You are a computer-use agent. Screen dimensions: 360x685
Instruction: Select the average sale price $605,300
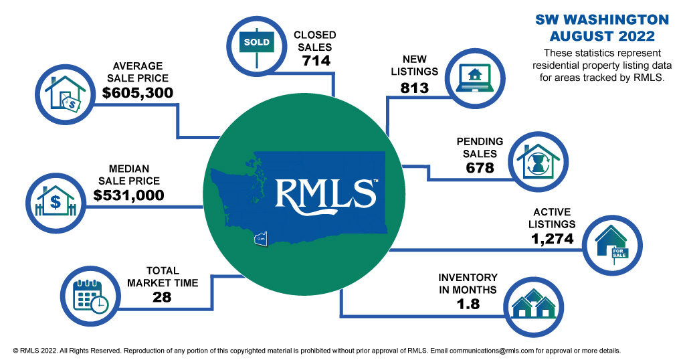(x=138, y=92)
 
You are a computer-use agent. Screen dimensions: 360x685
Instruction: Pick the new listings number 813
(x=414, y=88)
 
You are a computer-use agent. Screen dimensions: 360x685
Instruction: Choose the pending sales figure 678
(x=480, y=167)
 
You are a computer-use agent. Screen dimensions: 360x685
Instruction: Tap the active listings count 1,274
(x=547, y=237)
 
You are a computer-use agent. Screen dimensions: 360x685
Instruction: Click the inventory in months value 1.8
(x=468, y=304)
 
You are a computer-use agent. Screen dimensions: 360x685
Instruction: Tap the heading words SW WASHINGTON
(x=601, y=19)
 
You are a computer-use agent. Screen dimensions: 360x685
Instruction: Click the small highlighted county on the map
(x=260, y=238)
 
